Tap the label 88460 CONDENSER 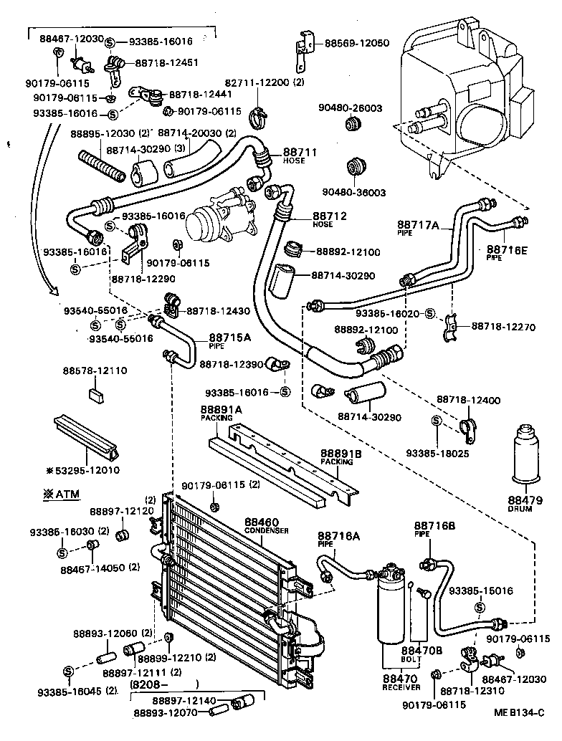[x=265, y=525]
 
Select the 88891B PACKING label [x=340, y=456]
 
